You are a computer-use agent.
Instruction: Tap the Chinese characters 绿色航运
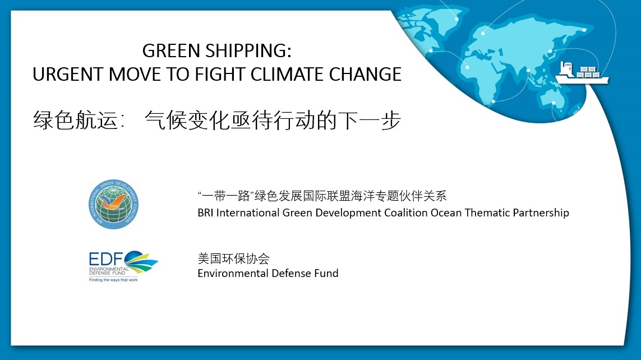(76, 120)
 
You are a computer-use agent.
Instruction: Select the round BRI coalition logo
(114, 204)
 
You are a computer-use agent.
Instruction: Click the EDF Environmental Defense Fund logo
(123, 266)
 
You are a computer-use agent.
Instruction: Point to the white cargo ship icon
(582, 73)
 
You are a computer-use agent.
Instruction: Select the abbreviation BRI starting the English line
(205, 213)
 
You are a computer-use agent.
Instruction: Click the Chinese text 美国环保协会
(233, 259)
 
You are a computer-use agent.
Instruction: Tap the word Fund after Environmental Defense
(326, 274)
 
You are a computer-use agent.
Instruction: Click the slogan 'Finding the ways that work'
(113, 280)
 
